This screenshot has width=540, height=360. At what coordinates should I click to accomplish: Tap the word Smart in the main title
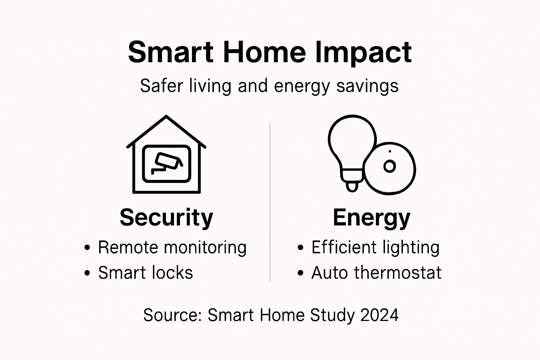(x=171, y=52)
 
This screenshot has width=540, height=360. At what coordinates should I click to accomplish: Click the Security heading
(x=166, y=218)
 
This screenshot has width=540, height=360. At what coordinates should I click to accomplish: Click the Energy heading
(x=371, y=218)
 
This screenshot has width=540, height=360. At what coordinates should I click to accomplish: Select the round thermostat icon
(x=390, y=169)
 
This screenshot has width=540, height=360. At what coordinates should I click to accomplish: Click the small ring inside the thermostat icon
(x=390, y=166)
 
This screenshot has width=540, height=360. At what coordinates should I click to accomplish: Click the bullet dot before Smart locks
(x=88, y=273)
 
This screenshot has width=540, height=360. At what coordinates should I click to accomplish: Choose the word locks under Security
(x=175, y=273)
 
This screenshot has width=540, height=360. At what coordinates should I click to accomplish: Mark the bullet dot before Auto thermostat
(x=300, y=273)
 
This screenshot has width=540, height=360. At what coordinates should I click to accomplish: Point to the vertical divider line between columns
(x=270, y=202)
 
